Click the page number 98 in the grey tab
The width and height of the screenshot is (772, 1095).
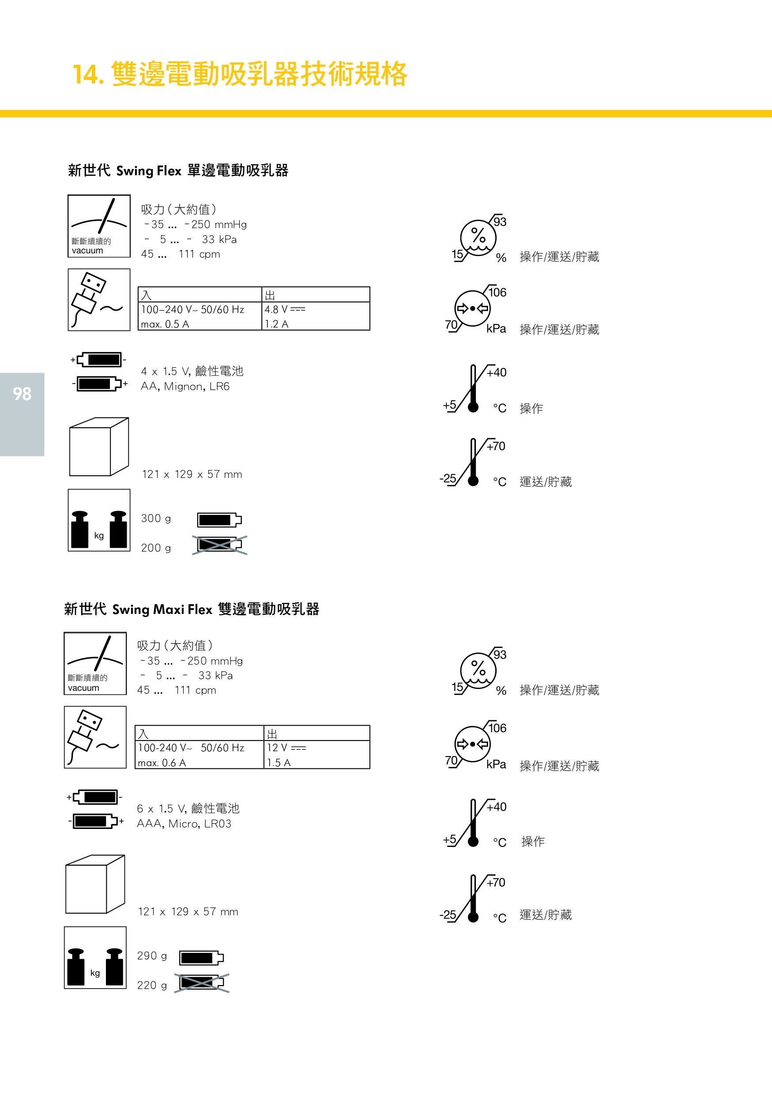point(22,394)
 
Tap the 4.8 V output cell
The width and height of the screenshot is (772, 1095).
point(285,309)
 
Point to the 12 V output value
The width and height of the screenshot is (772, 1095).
point(286,747)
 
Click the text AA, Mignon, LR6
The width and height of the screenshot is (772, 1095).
point(185,386)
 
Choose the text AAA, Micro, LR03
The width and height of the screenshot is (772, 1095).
point(184,824)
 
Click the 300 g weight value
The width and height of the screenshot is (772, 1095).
point(156,519)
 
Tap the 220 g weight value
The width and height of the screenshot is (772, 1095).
point(152,985)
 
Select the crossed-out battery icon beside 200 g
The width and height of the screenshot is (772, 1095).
point(219,545)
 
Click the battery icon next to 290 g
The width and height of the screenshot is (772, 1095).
point(201,957)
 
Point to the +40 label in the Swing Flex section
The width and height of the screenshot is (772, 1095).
point(497,373)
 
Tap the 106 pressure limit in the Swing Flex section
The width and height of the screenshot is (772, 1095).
point(497,292)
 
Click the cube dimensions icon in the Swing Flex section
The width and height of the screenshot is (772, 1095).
point(99,447)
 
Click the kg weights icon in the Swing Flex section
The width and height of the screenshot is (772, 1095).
point(99,520)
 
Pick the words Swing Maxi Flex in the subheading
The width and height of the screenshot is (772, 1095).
point(162,610)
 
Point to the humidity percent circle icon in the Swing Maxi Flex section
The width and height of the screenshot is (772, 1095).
point(478,670)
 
